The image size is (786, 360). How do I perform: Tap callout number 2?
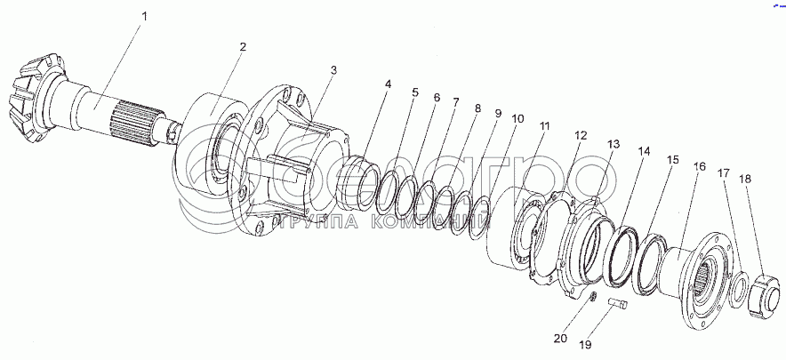point(243,46)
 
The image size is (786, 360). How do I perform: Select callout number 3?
point(333,69)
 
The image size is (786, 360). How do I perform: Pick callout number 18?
point(745,179)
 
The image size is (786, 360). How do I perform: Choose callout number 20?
point(558,338)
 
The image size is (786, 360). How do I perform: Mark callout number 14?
point(644,152)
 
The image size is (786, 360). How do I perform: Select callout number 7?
point(456,102)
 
